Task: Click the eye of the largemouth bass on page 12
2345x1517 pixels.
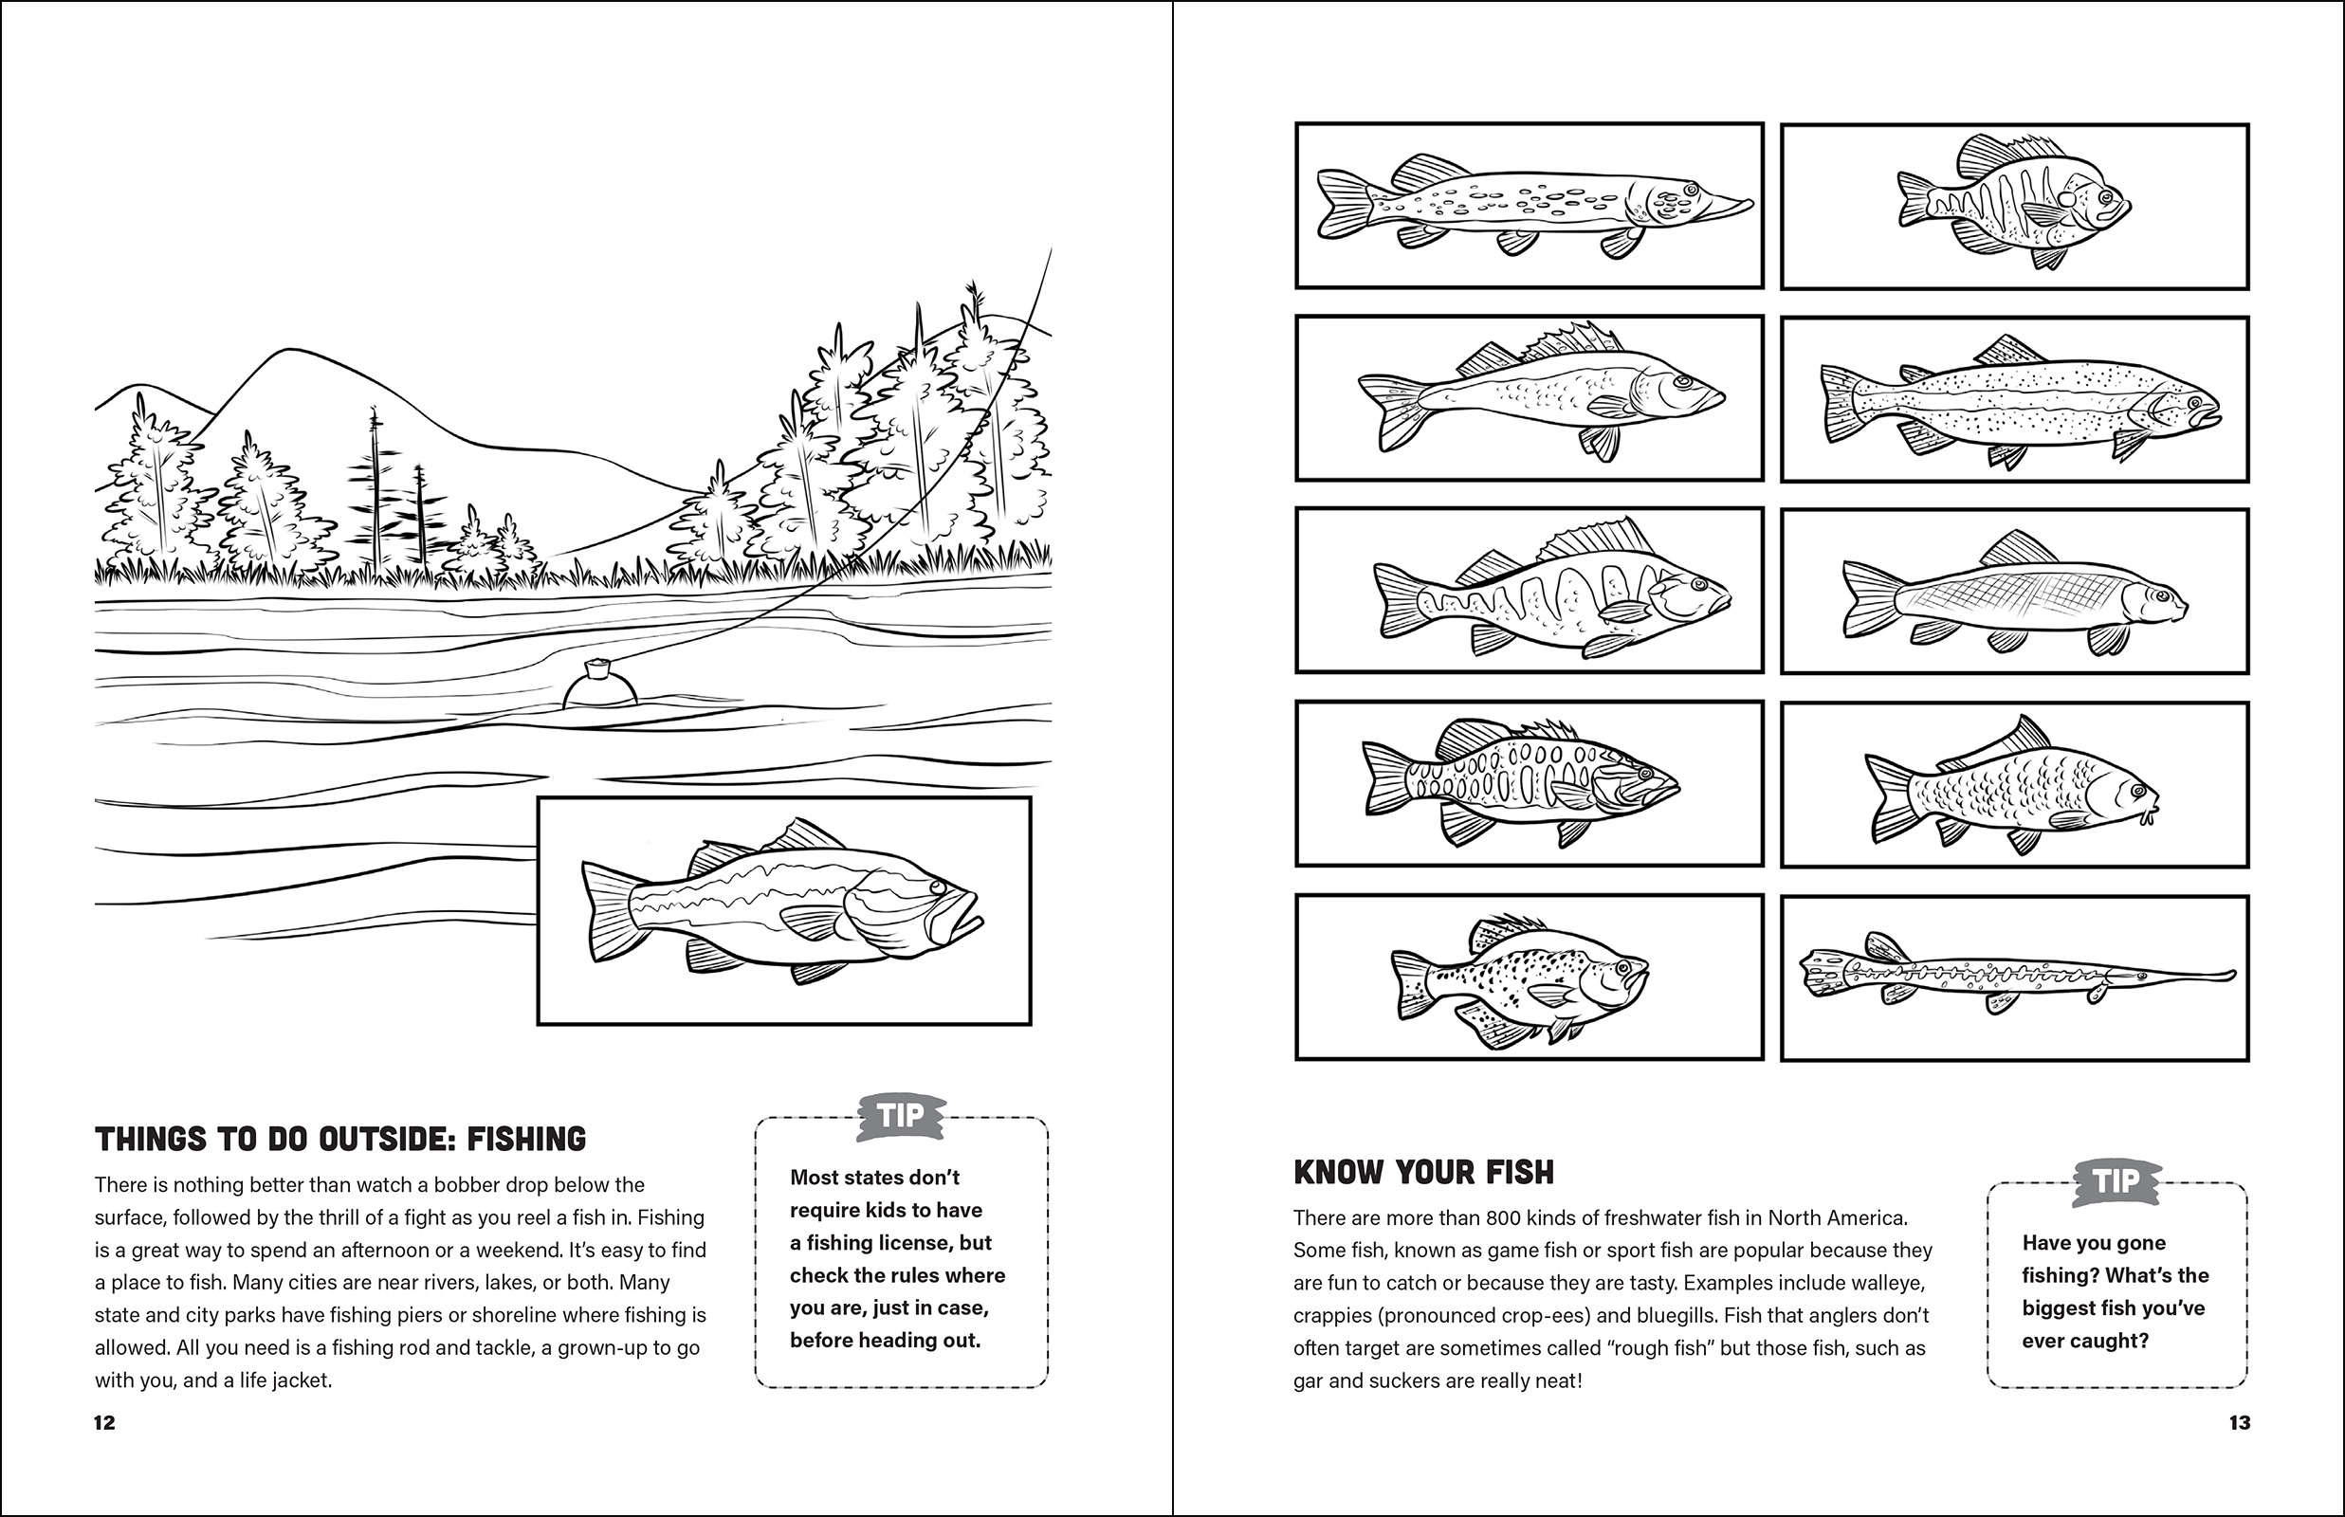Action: [x=936, y=887]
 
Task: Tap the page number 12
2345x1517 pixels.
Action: [x=104, y=1422]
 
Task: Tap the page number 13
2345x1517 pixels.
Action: [x=2240, y=1422]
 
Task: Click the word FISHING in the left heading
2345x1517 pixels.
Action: [x=526, y=1140]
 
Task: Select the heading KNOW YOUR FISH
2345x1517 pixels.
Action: [x=1423, y=1172]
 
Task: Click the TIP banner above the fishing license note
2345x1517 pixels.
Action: [x=900, y=1116]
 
